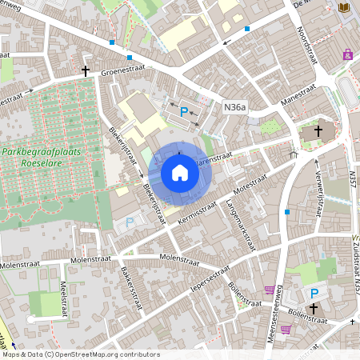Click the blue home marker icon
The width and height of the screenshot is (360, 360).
tap(179, 172)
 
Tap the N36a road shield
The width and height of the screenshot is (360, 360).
tap(234, 106)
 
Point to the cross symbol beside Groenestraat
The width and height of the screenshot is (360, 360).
tap(85, 70)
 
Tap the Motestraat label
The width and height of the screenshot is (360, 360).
tap(251, 183)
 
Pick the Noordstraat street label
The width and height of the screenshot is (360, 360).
tap(308, 45)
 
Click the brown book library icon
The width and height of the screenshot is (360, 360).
tap(345, 8)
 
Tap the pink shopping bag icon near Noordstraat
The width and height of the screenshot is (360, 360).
tap(347, 54)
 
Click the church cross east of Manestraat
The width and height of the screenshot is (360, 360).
tap(318, 130)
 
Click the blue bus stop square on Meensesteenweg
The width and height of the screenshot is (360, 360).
tap(286, 212)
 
